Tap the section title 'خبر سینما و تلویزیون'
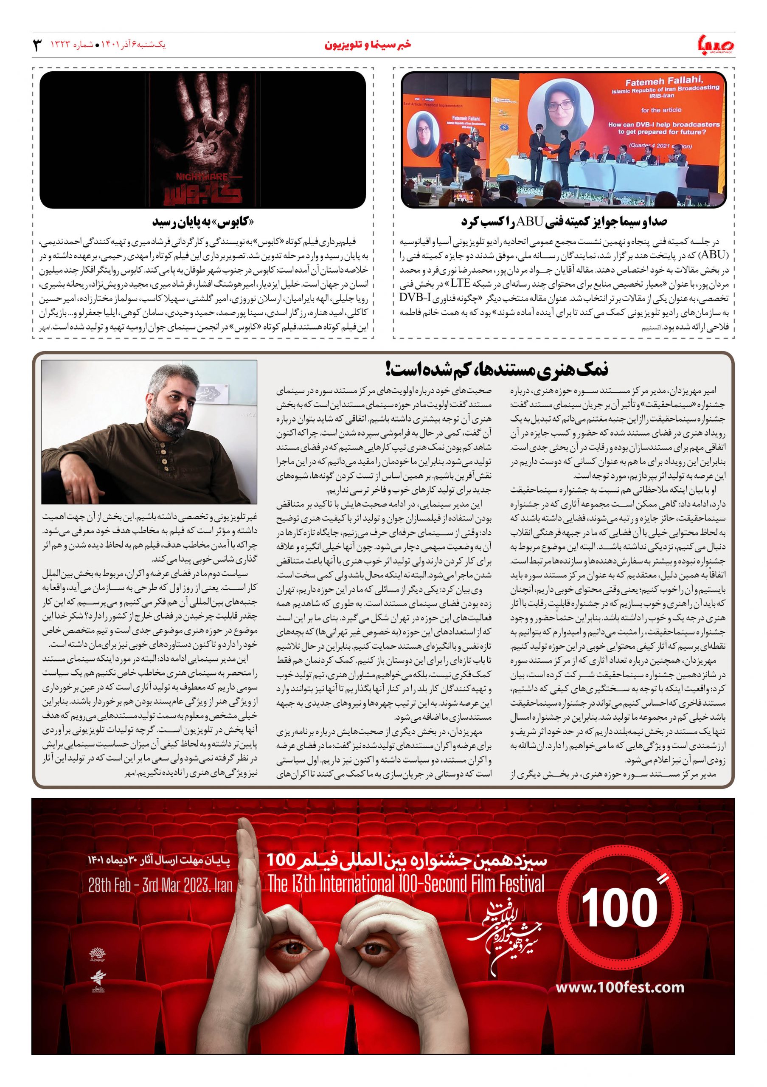point(368,45)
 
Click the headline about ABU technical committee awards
point(564,222)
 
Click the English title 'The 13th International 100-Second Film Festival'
point(406,884)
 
